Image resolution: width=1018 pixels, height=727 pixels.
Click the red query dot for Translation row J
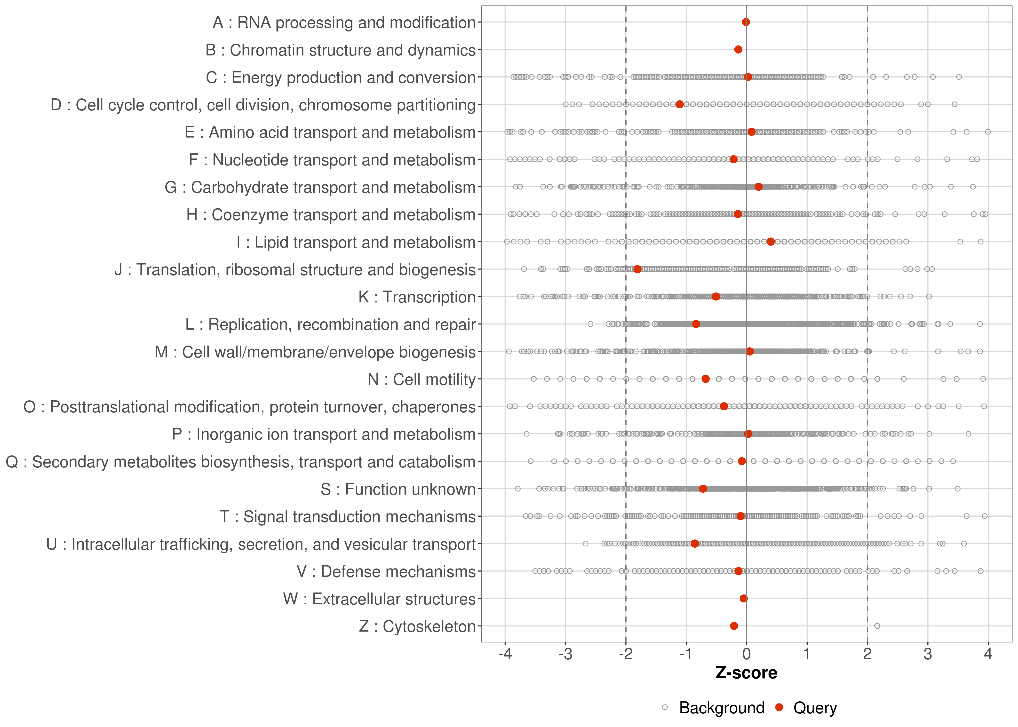click(x=637, y=269)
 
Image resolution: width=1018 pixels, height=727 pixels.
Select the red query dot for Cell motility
click(x=706, y=379)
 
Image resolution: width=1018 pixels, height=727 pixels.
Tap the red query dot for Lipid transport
click(x=771, y=242)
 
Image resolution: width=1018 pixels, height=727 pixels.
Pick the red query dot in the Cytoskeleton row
click(x=734, y=626)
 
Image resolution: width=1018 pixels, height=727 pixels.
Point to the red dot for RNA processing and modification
click(x=746, y=22)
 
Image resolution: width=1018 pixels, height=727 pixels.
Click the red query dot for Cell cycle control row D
click(x=680, y=104)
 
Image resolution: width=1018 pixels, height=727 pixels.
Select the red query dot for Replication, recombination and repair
click(x=696, y=324)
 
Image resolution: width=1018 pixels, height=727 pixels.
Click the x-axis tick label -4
click(x=505, y=655)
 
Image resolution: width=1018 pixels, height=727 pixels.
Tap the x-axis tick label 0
click(x=746, y=655)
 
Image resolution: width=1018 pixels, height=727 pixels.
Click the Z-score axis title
click(x=746, y=673)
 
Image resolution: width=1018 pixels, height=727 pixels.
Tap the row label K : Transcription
click(x=417, y=297)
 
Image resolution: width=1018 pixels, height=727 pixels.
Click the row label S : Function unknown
click(x=398, y=489)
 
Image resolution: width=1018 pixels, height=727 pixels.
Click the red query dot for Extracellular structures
click(x=744, y=599)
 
